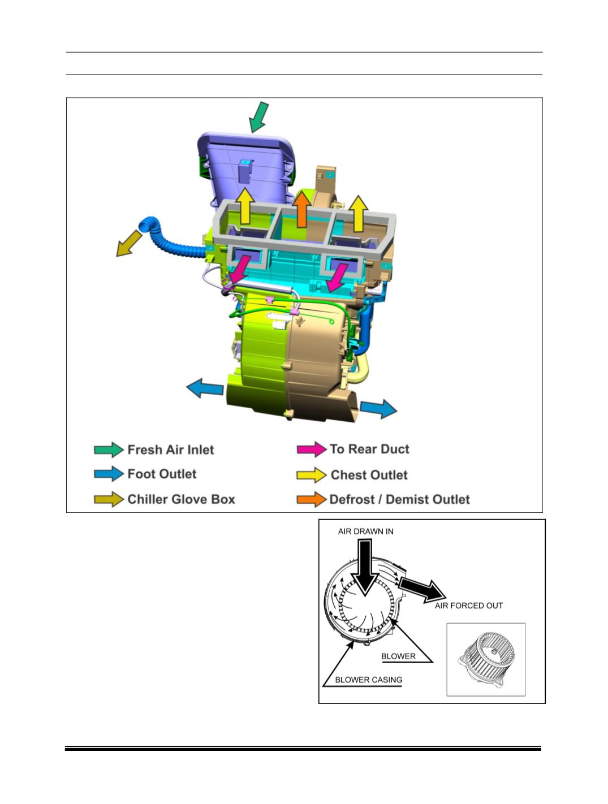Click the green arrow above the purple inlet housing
[258, 117]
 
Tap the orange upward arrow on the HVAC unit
[301, 209]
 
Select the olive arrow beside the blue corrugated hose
[128, 244]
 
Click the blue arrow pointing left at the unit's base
[205, 388]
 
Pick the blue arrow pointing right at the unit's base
[378, 408]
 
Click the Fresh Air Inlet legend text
[170, 449]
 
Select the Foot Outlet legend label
[162, 474]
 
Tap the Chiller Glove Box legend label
[181, 499]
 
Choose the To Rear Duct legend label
[369, 449]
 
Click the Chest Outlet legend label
[369, 475]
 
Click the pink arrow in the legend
[311, 449]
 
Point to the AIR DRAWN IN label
[365, 531]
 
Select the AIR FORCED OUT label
[468, 606]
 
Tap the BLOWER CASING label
[368, 680]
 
